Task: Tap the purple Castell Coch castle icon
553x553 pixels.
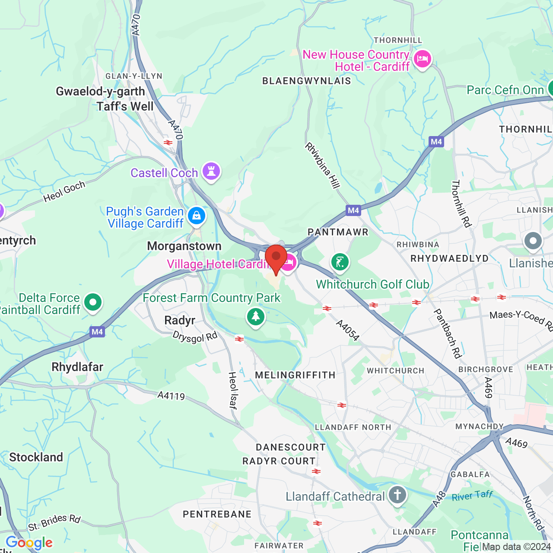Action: [211, 172]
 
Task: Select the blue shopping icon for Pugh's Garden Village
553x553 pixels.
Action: [197, 215]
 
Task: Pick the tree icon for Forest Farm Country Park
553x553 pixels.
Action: [256, 317]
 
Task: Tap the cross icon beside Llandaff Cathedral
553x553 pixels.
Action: [397, 495]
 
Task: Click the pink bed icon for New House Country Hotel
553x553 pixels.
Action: [422, 59]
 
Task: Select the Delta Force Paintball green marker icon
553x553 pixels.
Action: [93, 302]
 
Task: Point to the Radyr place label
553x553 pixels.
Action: [180, 321]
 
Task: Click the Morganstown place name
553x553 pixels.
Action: [184, 246]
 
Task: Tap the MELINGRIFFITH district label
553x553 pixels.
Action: [295, 375]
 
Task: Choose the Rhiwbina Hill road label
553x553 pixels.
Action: [322, 165]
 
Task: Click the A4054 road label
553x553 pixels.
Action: [348, 331]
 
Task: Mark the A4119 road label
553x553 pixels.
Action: [171, 395]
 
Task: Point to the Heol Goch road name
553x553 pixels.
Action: [64, 191]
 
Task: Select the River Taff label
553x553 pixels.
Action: [472, 496]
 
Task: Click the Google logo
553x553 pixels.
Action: [29, 543]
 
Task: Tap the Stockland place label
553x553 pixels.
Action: [36, 457]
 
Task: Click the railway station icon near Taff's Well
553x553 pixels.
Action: [168, 143]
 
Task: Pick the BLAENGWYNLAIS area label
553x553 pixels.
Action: [307, 81]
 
